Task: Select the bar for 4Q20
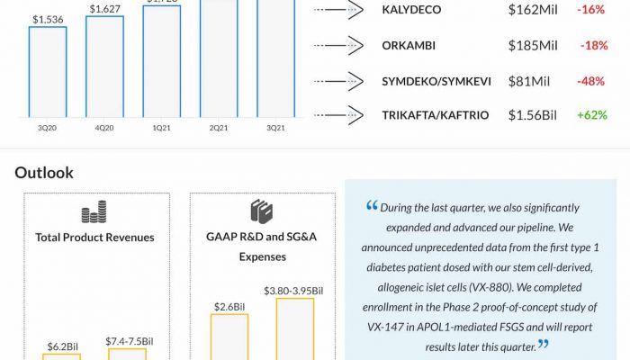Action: click(x=104, y=67)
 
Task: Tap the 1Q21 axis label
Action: click(x=161, y=128)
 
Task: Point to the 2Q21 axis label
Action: click(x=219, y=128)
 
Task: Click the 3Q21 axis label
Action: click(x=275, y=128)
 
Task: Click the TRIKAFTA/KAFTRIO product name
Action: click(x=436, y=115)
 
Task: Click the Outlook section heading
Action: click(x=44, y=172)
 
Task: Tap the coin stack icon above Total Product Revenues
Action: click(x=94, y=212)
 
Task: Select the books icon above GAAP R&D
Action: click(x=261, y=212)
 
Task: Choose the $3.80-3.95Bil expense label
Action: click(x=293, y=290)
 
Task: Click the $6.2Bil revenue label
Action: click(x=64, y=346)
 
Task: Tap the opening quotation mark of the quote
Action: click(x=372, y=206)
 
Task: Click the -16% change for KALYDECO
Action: click(x=592, y=11)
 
